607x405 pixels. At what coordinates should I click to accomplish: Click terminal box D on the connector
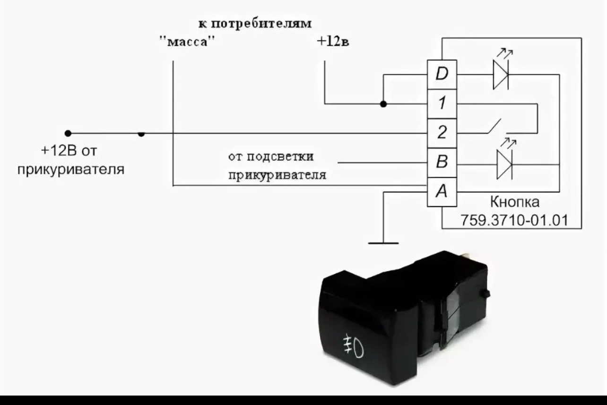pos(442,74)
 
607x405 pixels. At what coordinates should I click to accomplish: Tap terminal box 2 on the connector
pos(442,133)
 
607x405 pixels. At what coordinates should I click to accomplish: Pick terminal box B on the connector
pos(442,162)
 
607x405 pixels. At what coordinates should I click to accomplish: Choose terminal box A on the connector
pos(442,191)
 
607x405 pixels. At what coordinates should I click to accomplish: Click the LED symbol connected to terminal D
pos(501,74)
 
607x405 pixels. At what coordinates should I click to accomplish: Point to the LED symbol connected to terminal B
pos(504,164)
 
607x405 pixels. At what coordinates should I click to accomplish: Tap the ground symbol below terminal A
pos(383,243)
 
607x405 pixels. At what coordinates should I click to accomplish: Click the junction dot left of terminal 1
pos(383,104)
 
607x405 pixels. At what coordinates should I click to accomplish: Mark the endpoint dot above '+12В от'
pos(68,133)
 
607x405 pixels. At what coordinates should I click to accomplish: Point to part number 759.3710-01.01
pos(514,220)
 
